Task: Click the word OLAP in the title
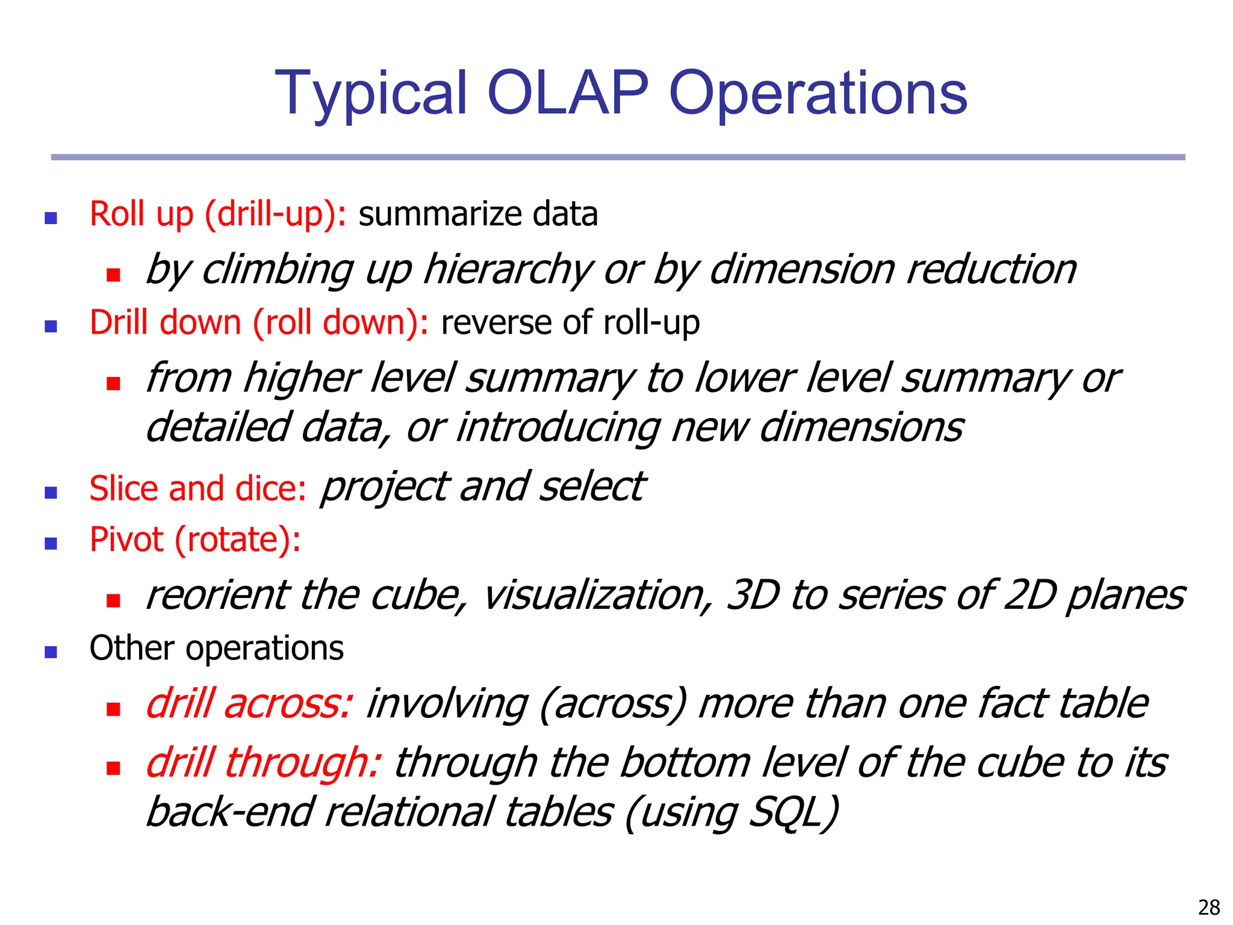(x=568, y=93)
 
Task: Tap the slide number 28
(x=1209, y=907)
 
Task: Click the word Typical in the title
(x=371, y=94)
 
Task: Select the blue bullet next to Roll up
(x=51, y=218)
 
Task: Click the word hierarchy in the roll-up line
(x=508, y=270)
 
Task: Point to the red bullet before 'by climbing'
(x=113, y=275)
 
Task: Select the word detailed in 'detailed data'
(x=218, y=428)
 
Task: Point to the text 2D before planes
(x=1030, y=595)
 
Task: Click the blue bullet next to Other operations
(x=51, y=652)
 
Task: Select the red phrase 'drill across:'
(x=249, y=703)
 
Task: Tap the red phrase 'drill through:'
(x=263, y=762)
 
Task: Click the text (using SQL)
(x=732, y=812)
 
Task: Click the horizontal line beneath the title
(x=618, y=157)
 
